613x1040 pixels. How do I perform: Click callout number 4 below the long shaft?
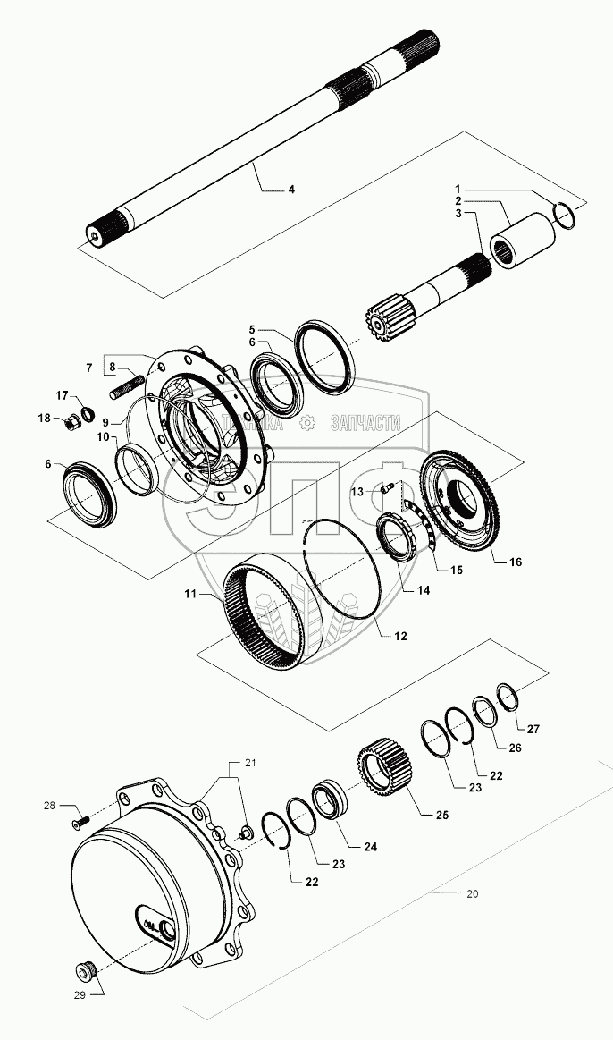point(290,190)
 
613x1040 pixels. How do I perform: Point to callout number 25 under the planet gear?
point(441,815)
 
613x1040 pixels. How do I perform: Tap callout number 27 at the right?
point(533,729)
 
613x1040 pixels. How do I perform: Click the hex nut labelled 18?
point(71,423)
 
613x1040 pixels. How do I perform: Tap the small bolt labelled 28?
point(83,816)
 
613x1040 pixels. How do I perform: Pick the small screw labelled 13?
point(387,488)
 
